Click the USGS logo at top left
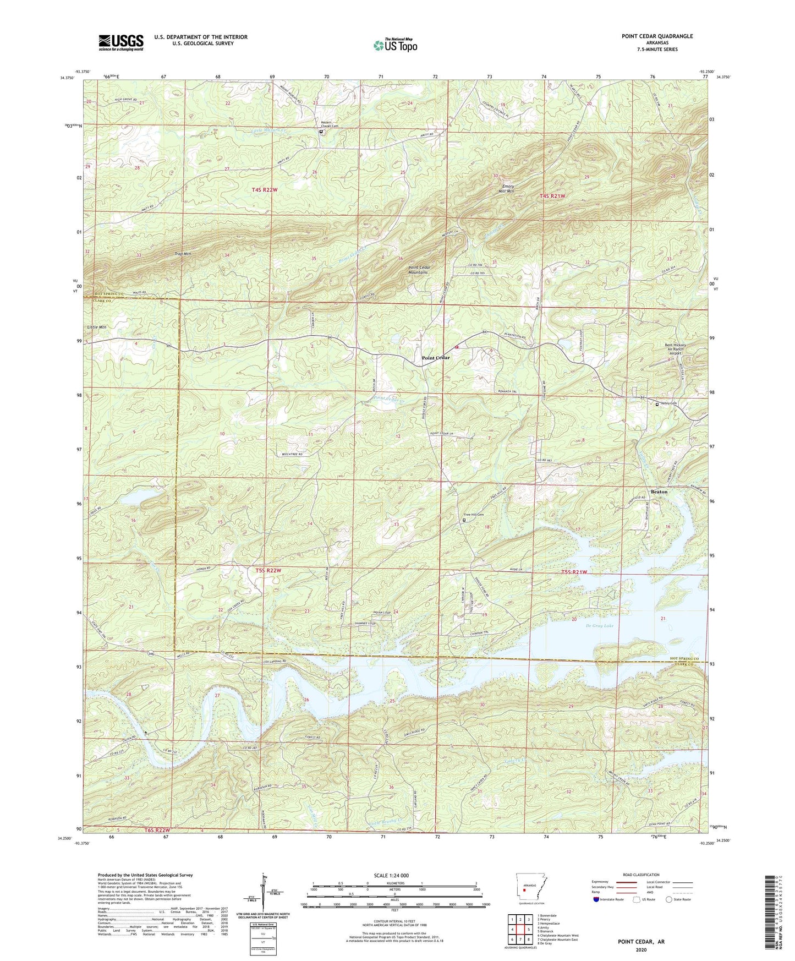click(121, 42)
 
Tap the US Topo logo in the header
click(394, 45)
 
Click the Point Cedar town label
click(435, 358)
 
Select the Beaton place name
click(659, 492)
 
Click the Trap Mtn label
click(182, 254)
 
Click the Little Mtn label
click(96, 327)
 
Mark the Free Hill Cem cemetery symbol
click(464, 520)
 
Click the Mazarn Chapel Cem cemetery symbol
click(321, 132)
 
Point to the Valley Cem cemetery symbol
click(657, 404)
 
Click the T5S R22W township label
click(268, 571)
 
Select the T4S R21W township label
click(553, 196)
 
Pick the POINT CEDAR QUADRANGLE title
click(657, 36)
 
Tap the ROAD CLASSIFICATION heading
click(640, 875)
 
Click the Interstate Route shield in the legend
click(597, 899)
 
